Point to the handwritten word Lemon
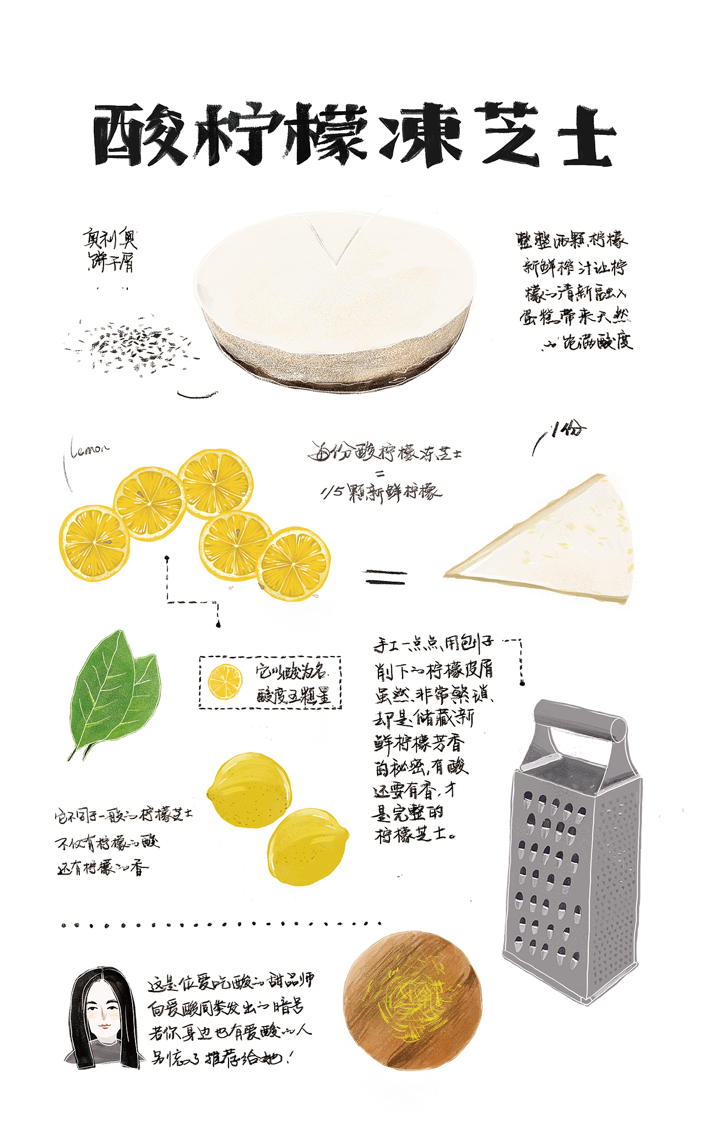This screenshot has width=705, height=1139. (90, 449)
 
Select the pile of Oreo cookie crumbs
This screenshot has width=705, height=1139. (130, 344)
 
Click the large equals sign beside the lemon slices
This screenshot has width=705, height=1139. (385, 577)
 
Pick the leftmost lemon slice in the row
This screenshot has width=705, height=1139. (94, 543)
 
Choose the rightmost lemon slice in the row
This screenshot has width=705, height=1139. (294, 563)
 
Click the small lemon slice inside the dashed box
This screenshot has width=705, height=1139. (225, 682)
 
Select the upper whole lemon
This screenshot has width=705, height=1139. (250, 790)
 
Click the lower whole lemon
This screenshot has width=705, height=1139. (308, 847)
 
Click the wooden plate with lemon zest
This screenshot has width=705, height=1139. (412, 1000)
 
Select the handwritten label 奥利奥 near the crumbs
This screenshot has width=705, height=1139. (110, 239)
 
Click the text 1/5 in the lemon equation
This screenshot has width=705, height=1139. (332, 492)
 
